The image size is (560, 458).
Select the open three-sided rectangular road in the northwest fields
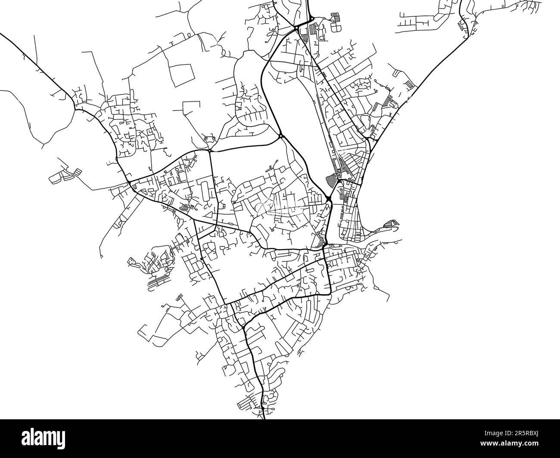coord(192,108)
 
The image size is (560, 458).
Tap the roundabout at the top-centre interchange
coord(297,28)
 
